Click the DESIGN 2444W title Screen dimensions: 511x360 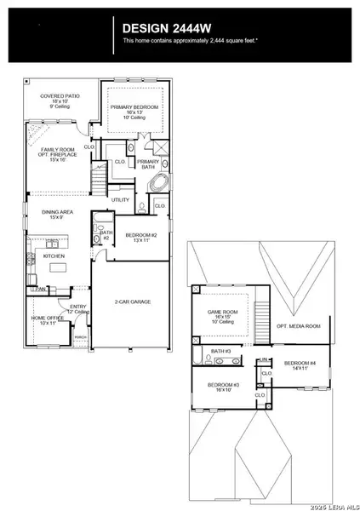coord(163,26)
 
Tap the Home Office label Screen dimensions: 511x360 coord(43,319)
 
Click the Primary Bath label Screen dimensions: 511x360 coord(148,164)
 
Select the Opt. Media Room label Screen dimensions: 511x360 coord(299,326)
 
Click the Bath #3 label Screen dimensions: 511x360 coord(220,350)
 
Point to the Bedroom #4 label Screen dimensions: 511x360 coord(300,363)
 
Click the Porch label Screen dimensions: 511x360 coord(80,337)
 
